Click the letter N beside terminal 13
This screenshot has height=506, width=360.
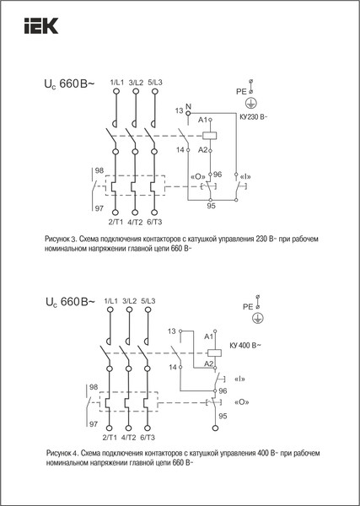pyautogui.click(x=189, y=106)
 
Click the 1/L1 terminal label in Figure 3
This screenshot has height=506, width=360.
pyautogui.click(x=116, y=81)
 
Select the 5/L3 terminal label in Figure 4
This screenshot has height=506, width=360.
pyautogui.click(x=148, y=301)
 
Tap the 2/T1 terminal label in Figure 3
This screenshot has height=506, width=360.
pyautogui.click(x=116, y=223)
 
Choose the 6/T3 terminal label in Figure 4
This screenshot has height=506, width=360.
pyautogui.click(x=148, y=438)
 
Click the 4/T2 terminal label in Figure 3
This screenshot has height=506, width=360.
pyautogui.click(x=135, y=223)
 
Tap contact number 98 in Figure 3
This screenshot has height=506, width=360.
pyautogui.click(x=100, y=171)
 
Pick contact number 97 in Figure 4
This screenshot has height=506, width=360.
pyautogui.click(x=94, y=423)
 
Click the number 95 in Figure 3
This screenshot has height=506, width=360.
pyautogui.click(x=211, y=206)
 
